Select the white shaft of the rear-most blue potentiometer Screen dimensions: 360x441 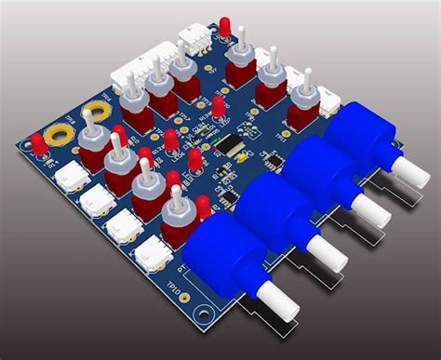410,169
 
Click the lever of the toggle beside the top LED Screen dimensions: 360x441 240,42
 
